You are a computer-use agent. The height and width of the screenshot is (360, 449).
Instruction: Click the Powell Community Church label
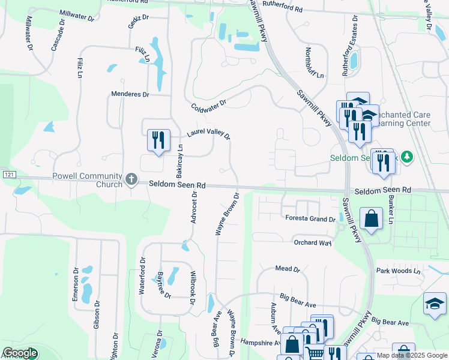tap(88, 179)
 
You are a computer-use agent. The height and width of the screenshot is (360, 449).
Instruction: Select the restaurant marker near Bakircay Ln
tap(158, 140)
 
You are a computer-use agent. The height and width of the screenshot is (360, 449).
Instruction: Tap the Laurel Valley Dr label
tap(209, 133)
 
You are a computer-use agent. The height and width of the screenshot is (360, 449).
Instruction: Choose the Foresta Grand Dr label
tap(310, 219)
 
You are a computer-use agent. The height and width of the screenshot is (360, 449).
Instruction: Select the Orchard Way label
tap(312, 243)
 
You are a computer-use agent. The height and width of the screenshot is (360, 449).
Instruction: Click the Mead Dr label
tap(288, 269)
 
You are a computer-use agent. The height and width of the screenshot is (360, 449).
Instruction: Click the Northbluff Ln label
tap(315, 63)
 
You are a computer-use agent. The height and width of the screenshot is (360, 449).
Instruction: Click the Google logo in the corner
tap(20, 353)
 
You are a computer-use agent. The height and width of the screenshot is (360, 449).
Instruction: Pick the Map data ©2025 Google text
tap(411, 355)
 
